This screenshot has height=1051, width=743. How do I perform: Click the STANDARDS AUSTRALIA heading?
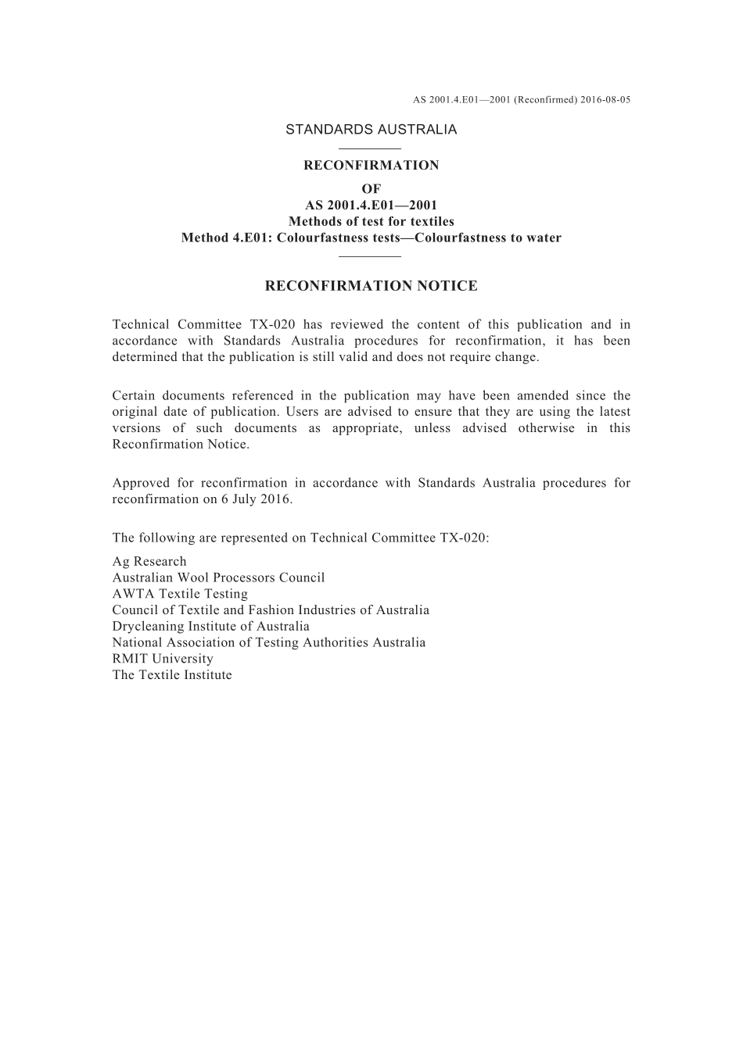point(371,130)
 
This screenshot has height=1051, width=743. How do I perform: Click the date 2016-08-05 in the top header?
point(606,100)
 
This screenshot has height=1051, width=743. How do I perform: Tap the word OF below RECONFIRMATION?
point(371,189)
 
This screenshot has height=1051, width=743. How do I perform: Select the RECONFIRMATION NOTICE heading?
point(371,286)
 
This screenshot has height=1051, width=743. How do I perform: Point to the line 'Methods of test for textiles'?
point(371,221)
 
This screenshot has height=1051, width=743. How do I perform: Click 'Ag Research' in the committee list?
point(149,561)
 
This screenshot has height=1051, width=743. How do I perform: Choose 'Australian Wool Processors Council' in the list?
point(218,577)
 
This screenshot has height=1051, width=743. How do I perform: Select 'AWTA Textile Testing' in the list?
point(180,594)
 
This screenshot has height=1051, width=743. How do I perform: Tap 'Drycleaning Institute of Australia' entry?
point(210,626)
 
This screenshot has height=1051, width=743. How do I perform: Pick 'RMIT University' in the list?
point(163,659)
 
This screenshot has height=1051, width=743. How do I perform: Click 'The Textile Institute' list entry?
point(172,675)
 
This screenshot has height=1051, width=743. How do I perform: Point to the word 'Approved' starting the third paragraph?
point(138,483)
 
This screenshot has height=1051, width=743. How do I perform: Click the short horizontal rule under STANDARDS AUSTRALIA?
point(371,148)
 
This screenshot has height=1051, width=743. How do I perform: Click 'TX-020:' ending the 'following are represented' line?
point(465,538)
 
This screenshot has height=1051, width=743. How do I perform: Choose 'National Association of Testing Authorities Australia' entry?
point(269,642)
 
